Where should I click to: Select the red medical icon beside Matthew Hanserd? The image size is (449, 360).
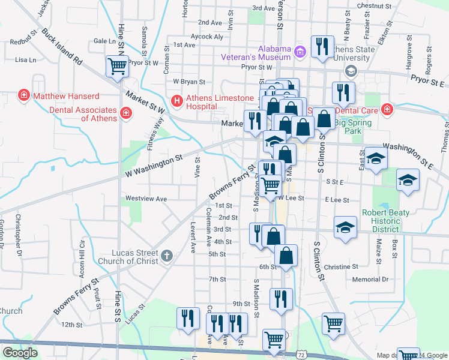[x=24, y=95]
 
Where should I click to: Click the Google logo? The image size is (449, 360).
[x=20, y=353]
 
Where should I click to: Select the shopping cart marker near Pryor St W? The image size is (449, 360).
[x=116, y=67]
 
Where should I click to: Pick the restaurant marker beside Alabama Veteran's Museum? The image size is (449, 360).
[x=322, y=47]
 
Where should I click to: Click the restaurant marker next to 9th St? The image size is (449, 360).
[x=281, y=299]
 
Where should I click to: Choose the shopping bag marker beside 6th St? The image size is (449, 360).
[x=288, y=255]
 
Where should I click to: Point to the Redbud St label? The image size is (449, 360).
[x=23, y=42]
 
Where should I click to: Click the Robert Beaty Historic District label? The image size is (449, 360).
[x=385, y=221]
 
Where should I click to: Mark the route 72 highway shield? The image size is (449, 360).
[x=301, y=355]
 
